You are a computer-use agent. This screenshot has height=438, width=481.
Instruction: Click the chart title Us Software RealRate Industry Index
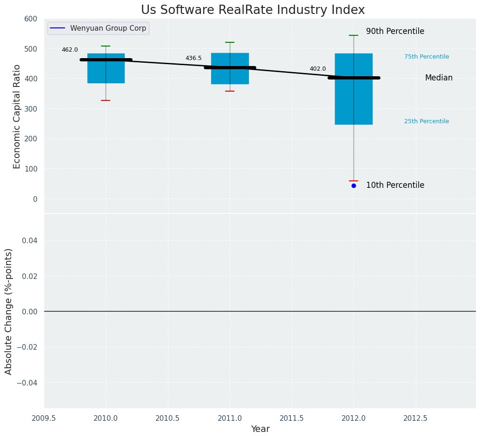pos(253,10)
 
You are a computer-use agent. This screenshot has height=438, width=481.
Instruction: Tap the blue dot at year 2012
pos(354,186)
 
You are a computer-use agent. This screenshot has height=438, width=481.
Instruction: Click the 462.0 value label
pos(70,50)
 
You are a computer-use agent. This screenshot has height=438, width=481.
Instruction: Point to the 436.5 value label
pos(194,58)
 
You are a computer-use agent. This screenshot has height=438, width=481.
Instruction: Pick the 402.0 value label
pos(318,69)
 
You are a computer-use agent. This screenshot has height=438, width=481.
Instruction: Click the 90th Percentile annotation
pos(395,32)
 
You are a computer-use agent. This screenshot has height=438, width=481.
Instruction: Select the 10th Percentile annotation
pos(395,185)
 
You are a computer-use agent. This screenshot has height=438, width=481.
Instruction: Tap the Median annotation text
pos(438,78)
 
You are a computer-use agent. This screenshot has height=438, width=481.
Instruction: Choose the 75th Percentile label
pos(426,57)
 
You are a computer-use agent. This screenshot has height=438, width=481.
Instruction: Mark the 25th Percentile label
pos(426,121)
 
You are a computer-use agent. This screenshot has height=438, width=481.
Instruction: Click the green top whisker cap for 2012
pos(354,35)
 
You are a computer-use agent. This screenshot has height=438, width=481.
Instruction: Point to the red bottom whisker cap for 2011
pos(230,91)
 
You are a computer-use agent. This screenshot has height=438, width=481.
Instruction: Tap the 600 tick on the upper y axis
pos(31,19)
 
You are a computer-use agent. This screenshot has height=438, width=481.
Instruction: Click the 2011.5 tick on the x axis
pos(292,418)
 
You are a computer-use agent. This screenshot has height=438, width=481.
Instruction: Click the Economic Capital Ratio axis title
pos(17,116)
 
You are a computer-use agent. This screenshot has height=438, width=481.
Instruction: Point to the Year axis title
pos(260,429)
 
